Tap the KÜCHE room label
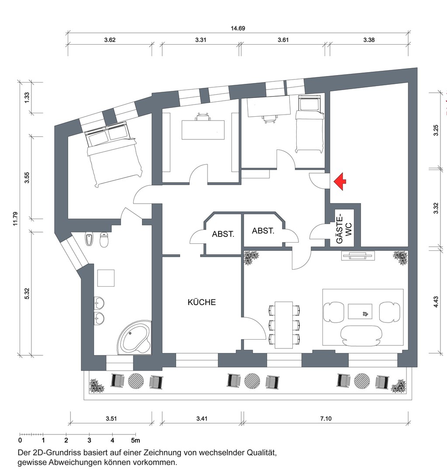tap(201, 302)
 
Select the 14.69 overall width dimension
tap(238, 28)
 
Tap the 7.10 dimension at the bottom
tap(326, 418)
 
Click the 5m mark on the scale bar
tap(136, 440)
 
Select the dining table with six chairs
tap(284, 324)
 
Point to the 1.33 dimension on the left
tap(27, 97)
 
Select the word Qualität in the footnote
tap(257, 452)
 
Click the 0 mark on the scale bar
tap(20, 440)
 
